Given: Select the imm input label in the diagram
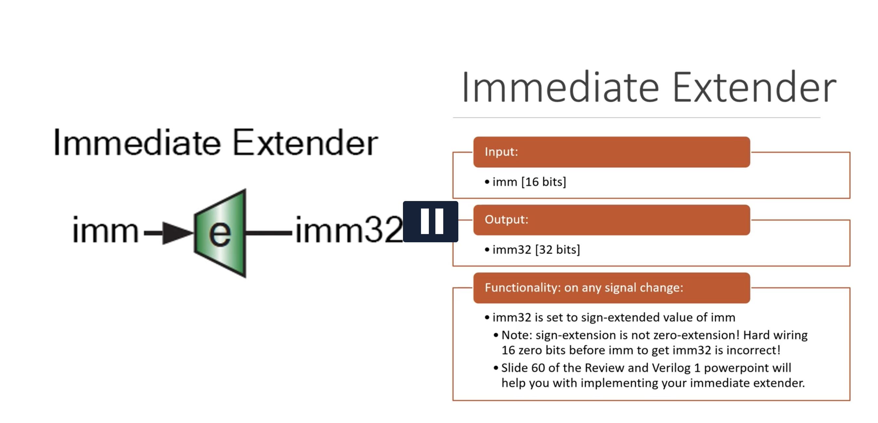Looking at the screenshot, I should pyautogui.click(x=105, y=231).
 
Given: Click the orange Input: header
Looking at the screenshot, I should pyautogui.click(x=611, y=152).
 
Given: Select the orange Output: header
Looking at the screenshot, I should pyautogui.click(x=611, y=220).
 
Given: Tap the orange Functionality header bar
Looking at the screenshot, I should pyautogui.click(x=611, y=288).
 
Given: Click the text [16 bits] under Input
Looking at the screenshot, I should pyautogui.click(x=544, y=182).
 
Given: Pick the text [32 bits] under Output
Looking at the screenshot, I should pyautogui.click(x=557, y=250).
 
